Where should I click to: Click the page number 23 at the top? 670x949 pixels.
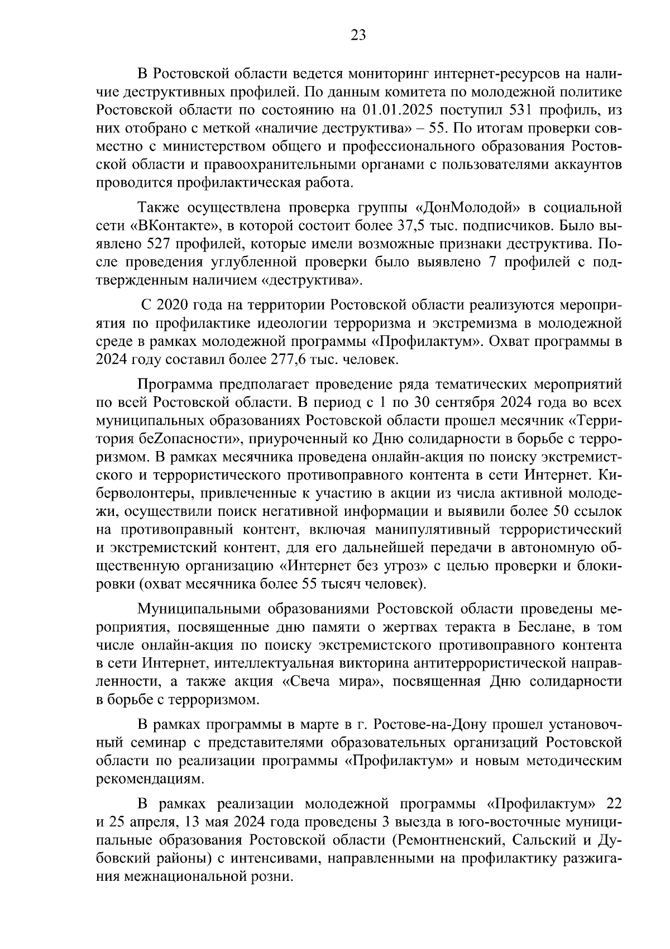click(358, 35)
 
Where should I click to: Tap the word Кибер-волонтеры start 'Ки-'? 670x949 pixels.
click(611, 475)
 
